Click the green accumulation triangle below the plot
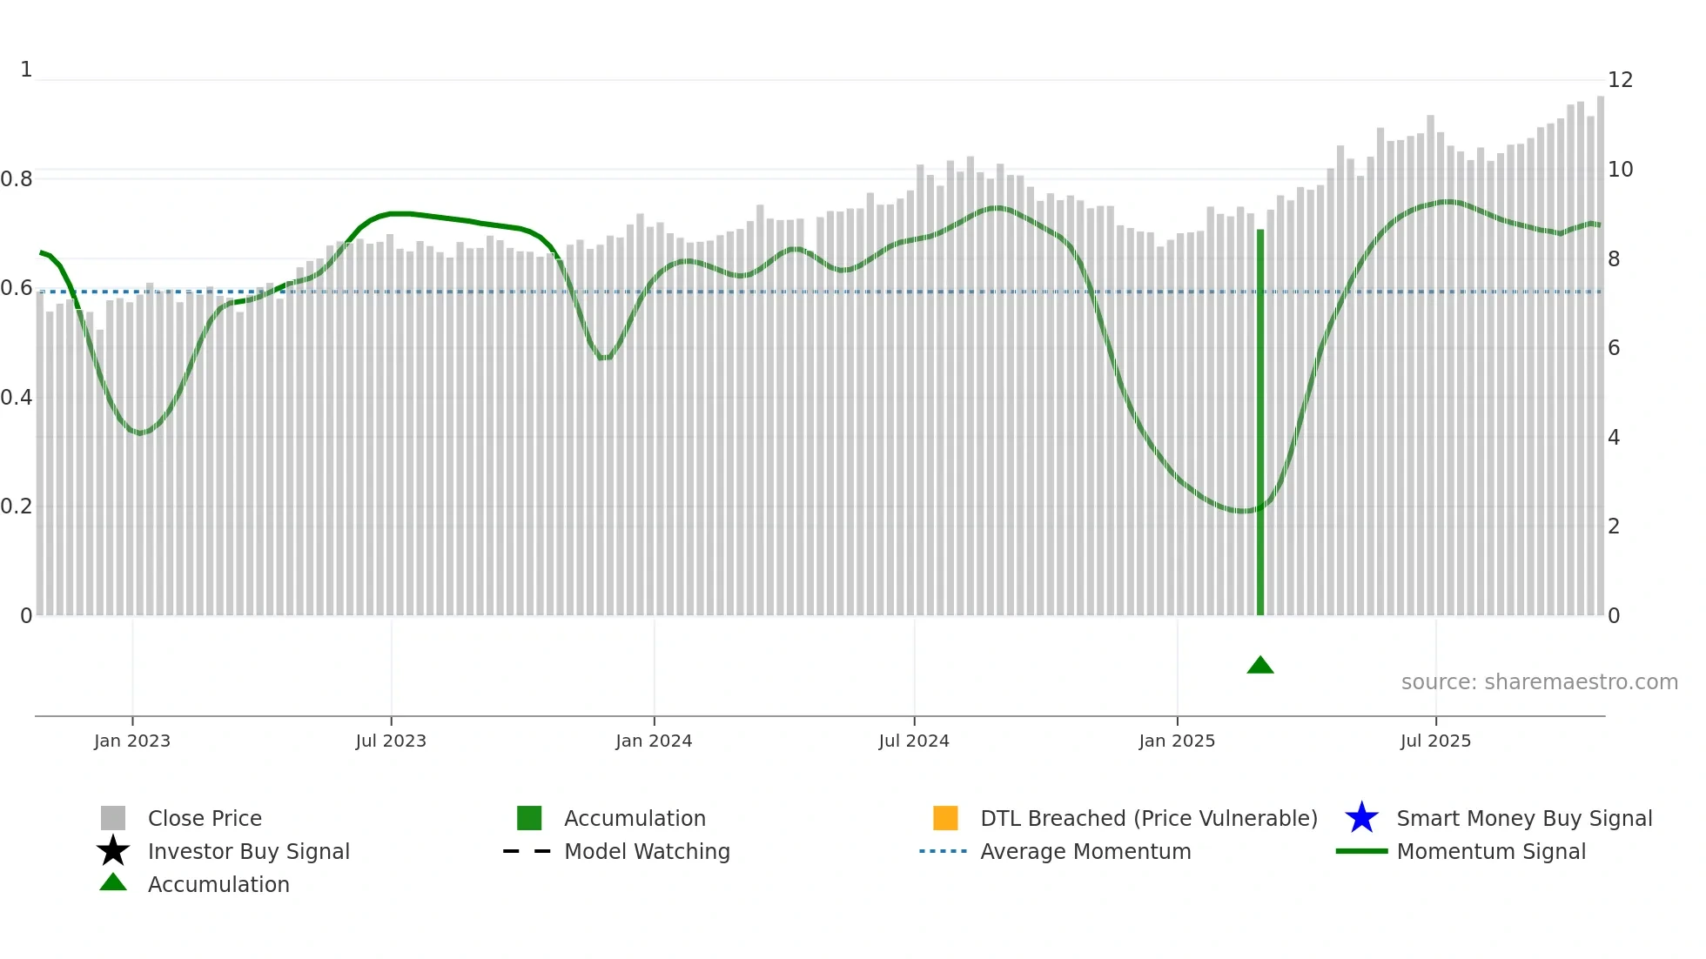(1259, 666)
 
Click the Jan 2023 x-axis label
(132, 741)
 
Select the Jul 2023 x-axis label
(391, 741)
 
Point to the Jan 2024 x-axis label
(654, 741)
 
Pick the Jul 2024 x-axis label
(914, 741)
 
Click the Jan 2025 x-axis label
(1177, 741)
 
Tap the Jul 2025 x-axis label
(1435, 741)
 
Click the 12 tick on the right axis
(1620, 80)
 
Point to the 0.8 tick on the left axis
(17, 179)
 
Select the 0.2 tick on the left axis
(17, 506)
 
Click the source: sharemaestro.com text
(1539, 682)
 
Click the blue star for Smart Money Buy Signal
(1361, 818)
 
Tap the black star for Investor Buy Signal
(113, 851)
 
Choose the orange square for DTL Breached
(945, 818)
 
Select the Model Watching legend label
(647, 851)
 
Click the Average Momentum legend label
(1085, 851)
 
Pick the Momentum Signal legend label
(1491, 851)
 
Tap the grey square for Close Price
(113, 818)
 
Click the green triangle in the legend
(113, 882)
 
